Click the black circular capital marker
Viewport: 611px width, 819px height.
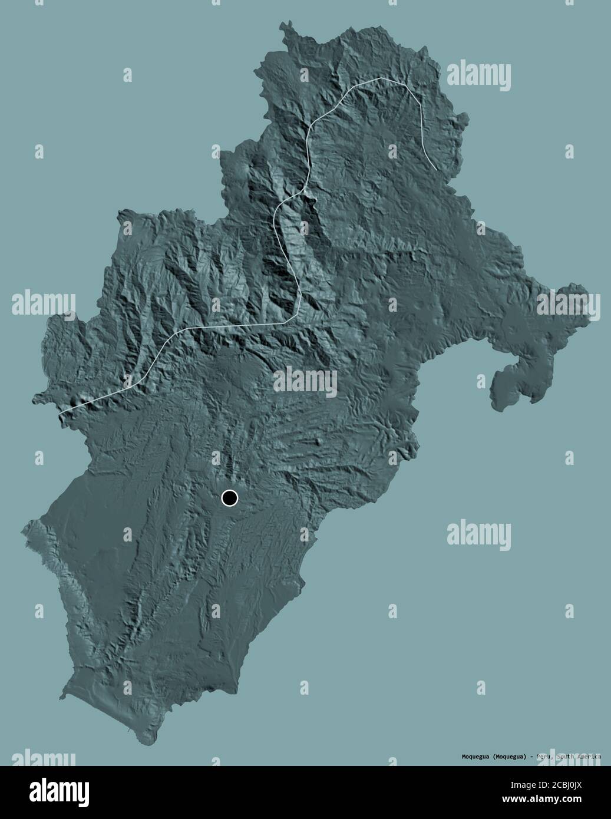point(229,498)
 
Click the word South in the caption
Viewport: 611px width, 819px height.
point(566,756)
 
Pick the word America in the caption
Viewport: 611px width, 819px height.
point(589,756)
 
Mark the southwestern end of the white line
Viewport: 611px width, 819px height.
point(61,412)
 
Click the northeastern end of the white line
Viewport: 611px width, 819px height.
point(437,170)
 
